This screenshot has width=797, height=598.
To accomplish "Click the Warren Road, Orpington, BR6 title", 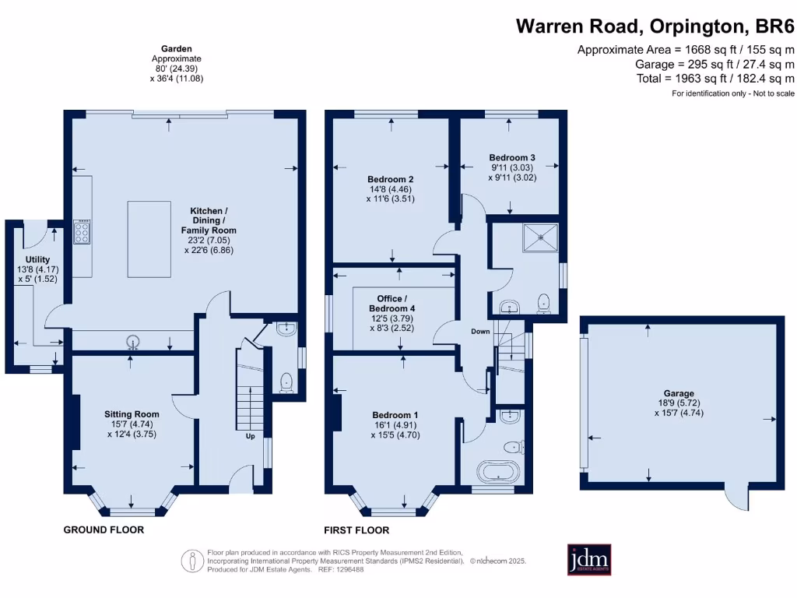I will click(655, 26).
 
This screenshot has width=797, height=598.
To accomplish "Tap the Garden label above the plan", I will click(176, 48).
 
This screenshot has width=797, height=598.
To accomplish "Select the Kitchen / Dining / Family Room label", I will click(209, 220).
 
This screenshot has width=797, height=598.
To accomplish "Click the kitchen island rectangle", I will click(149, 239).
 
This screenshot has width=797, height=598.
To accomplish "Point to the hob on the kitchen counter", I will click(82, 232).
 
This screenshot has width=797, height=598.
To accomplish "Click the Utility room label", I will click(37, 259).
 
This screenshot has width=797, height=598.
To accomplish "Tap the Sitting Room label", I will click(132, 414).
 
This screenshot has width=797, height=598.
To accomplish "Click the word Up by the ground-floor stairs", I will click(250, 436).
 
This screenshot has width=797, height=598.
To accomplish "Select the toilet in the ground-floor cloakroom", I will click(286, 382).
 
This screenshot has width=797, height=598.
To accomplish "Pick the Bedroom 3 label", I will click(512, 157).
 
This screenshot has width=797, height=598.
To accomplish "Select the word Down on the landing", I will click(480, 332).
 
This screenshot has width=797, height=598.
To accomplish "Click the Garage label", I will click(679, 393).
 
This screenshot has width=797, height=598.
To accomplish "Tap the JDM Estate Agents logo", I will click(588, 559).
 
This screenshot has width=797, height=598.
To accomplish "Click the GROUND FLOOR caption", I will click(104, 529).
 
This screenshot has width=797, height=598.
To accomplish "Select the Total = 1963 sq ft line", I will click(714, 79).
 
